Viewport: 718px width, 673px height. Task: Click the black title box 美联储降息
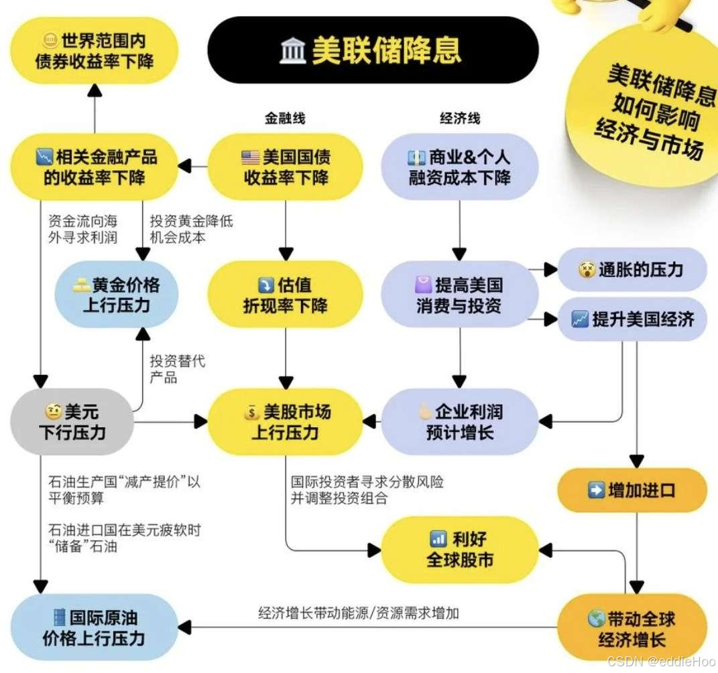[x=373, y=50]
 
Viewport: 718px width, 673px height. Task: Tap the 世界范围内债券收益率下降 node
[x=95, y=51]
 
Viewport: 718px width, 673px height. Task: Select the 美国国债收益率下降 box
[x=286, y=167]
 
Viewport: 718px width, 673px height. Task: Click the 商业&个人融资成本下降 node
[x=460, y=167]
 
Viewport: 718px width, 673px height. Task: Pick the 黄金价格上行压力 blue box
[x=117, y=295]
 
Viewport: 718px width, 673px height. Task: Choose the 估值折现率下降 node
[x=286, y=295]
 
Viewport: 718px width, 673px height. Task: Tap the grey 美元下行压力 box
[x=72, y=422]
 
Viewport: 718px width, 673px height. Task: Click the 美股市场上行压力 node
[x=286, y=422]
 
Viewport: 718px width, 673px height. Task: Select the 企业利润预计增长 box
[x=460, y=422]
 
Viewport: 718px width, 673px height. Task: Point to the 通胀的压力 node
[x=632, y=270]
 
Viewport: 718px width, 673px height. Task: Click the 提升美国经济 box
[x=632, y=319]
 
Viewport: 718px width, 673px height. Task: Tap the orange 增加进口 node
[x=632, y=490]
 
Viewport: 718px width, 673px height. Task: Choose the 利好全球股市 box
[x=460, y=549]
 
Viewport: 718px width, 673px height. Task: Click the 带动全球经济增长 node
[x=632, y=628]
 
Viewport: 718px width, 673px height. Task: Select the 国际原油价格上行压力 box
[x=95, y=627]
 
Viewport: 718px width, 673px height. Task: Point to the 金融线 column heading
[x=285, y=119]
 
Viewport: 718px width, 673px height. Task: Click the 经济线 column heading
[x=460, y=119]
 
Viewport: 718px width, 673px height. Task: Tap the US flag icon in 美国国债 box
[x=250, y=158]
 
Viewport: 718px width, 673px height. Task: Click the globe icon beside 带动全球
[x=597, y=618]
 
